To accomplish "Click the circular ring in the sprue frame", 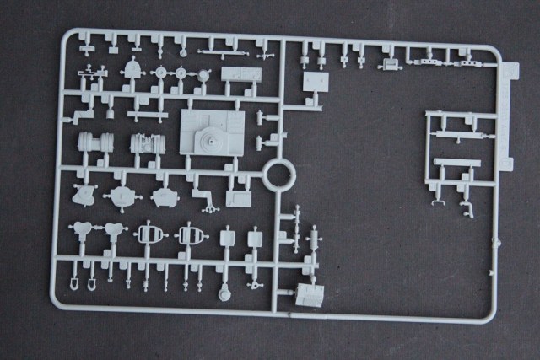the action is point(279,176).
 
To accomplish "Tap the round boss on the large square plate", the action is point(207,138).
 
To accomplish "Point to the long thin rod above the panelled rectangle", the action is point(220,53).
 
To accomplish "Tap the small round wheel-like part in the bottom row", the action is point(224,295).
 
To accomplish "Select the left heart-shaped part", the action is point(84,229).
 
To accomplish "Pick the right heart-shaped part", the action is point(115,229).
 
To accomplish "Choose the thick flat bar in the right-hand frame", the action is point(456,162).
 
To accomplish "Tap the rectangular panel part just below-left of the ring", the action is point(239,198).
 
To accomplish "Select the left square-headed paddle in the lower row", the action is point(227,239).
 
